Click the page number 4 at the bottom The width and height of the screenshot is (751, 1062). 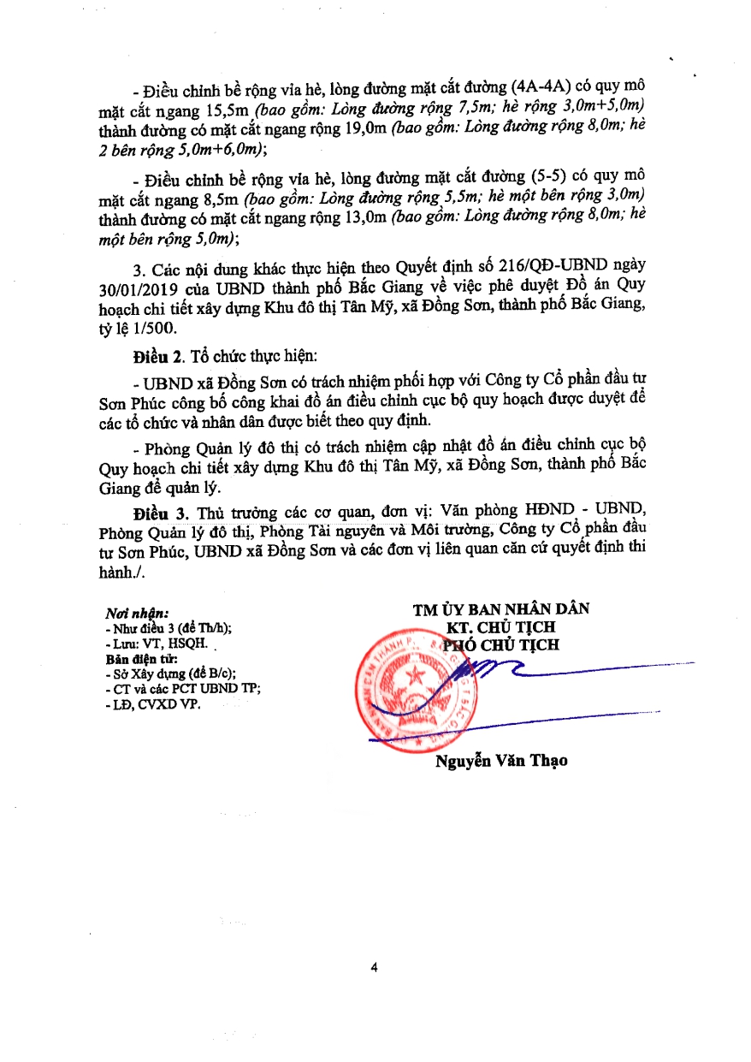[375, 968]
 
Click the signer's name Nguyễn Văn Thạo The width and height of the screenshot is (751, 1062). [501, 761]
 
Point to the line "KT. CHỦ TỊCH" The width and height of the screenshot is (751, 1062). [501, 627]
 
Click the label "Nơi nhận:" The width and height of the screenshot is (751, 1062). [137, 614]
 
